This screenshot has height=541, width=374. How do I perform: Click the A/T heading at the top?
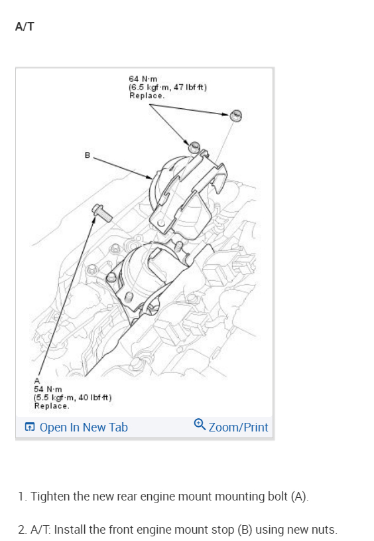[25, 27]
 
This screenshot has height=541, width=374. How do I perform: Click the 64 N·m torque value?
[143, 79]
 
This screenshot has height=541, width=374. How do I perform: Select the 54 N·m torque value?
[48, 389]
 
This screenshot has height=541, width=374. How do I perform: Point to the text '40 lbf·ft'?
[95, 398]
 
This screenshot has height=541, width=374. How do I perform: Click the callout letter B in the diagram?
[88, 155]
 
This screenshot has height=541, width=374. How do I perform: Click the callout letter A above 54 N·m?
[37, 381]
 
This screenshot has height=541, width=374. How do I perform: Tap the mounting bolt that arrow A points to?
[102, 212]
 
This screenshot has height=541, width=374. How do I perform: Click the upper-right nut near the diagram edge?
[236, 116]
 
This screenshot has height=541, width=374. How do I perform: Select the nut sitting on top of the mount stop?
[194, 147]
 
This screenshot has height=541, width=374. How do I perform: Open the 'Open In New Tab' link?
[84, 427]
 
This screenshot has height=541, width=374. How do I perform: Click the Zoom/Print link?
[238, 427]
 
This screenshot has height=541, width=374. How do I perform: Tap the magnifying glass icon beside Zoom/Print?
[200, 424]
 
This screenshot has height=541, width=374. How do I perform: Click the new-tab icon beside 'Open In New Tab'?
[30, 427]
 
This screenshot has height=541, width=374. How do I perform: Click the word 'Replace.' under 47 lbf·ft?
[147, 96]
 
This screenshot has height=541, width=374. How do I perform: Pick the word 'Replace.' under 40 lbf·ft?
[52, 406]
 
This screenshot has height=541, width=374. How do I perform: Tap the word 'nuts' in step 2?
[323, 530]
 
